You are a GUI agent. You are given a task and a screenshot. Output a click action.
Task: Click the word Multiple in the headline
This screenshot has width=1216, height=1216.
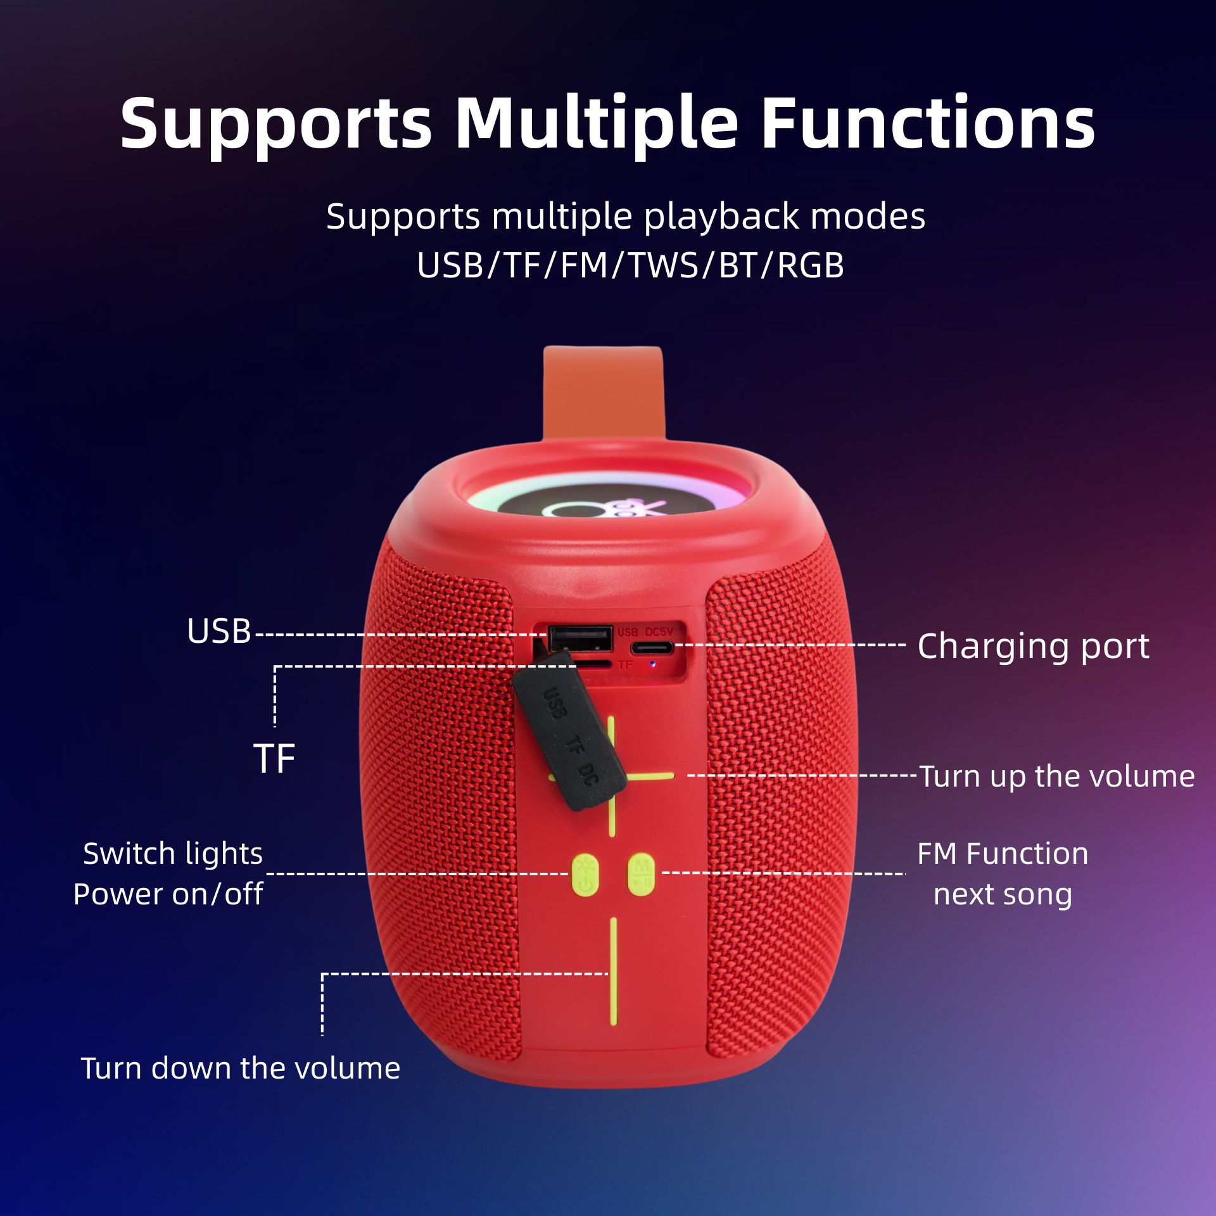596,123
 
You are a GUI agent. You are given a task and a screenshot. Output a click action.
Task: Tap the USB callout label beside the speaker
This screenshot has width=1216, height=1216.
219,631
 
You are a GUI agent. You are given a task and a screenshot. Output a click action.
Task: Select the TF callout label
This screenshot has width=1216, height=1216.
274,758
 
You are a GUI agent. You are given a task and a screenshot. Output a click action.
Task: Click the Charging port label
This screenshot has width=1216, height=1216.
1033,646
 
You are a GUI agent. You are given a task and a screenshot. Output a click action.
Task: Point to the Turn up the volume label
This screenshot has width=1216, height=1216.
1056,776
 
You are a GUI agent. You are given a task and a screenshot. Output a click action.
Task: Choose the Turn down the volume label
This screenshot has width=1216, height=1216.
241,1068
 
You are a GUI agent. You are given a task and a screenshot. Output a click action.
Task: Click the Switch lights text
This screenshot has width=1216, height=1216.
173,854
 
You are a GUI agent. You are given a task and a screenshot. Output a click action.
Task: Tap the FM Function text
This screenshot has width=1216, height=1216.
1003,854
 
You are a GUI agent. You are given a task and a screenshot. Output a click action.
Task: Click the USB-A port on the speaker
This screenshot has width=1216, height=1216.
580,638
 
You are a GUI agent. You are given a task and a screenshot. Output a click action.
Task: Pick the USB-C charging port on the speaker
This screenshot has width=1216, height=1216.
652,647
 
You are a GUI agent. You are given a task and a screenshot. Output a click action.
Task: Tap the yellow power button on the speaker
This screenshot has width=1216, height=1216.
585,875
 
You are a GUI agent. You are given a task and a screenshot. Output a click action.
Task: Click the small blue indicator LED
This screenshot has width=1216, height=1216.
652,665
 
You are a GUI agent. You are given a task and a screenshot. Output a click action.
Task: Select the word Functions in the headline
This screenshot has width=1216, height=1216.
928,123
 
